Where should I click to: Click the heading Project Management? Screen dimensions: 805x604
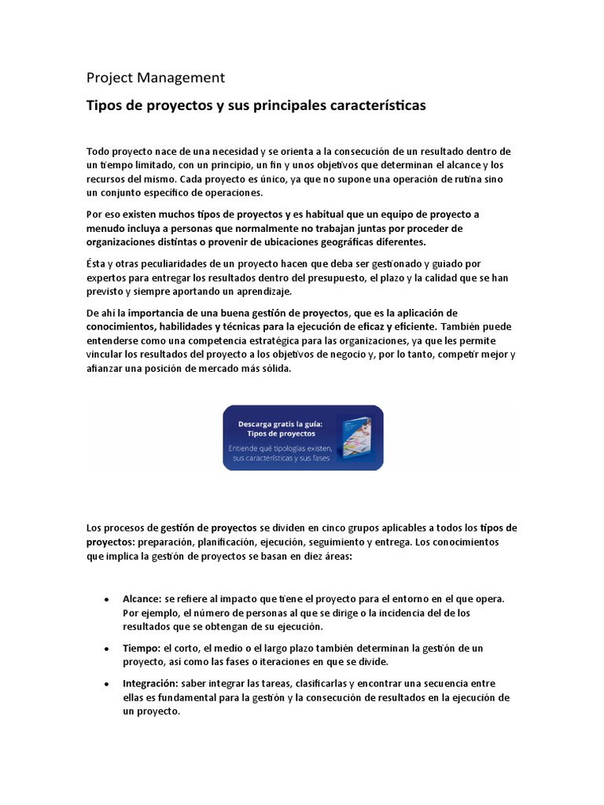click(x=155, y=77)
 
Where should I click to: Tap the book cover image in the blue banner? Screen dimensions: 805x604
click(x=356, y=437)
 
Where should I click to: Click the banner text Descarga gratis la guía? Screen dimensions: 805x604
click(x=281, y=423)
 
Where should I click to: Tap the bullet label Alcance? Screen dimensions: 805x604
click(x=142, y=598)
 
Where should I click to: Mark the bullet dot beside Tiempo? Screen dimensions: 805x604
click(x=106, y=649)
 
